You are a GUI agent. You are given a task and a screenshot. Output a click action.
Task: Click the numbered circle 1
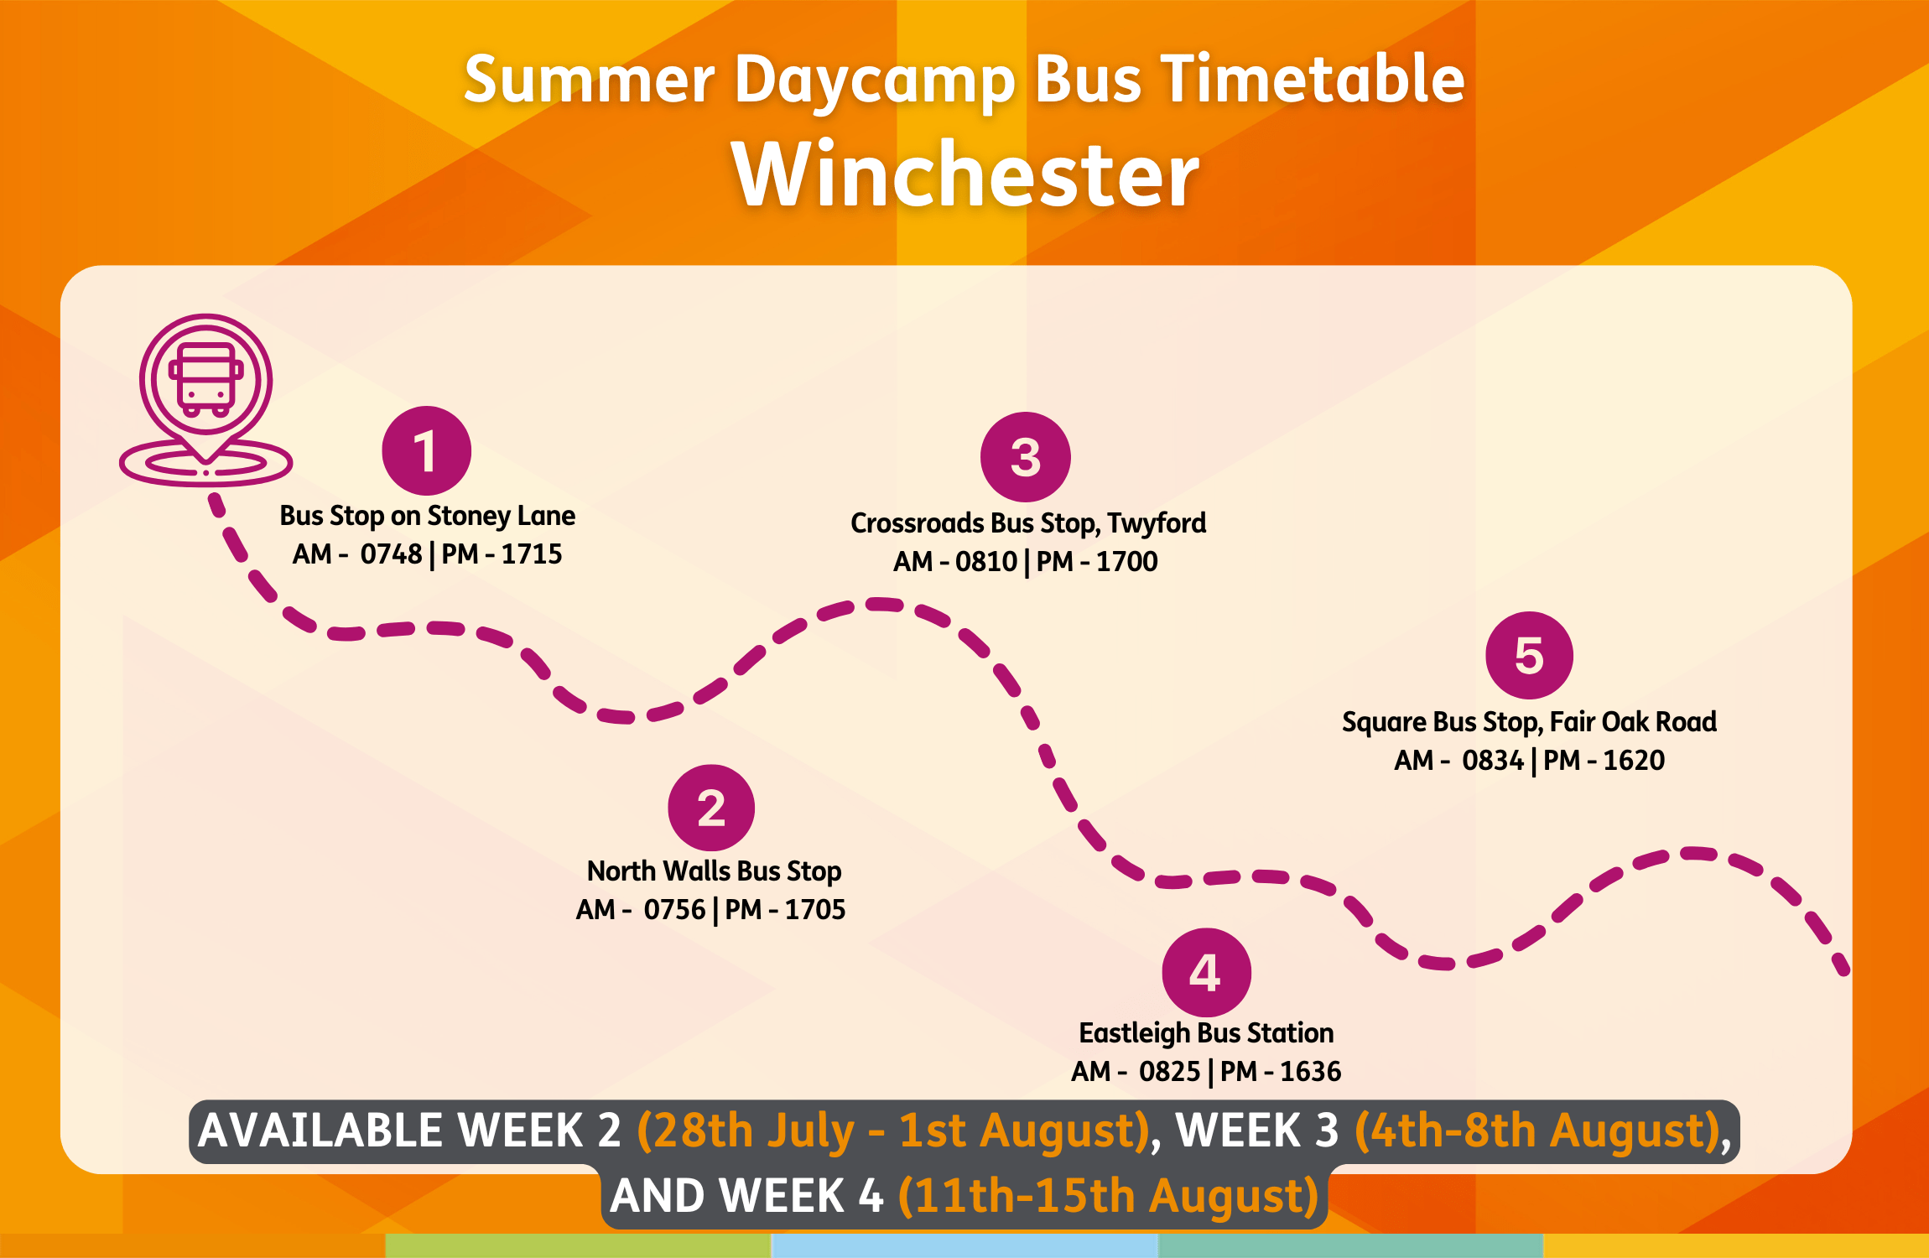426,451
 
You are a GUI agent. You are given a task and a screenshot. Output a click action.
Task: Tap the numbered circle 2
711,808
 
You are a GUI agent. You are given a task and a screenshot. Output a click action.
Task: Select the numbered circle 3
1026,457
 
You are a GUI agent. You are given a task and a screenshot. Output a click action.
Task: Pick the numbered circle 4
1206,973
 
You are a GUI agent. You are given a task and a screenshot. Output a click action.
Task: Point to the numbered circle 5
1529,655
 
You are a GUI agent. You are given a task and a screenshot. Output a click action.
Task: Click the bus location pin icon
205,399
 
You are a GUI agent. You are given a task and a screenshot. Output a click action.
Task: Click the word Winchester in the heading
965,174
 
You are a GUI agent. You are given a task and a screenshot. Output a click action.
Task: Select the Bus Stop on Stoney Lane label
428,515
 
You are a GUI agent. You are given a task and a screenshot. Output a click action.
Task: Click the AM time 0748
391,554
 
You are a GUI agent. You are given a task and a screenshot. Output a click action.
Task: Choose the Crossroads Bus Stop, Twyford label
1028,522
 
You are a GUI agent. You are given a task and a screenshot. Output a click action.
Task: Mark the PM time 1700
1127,562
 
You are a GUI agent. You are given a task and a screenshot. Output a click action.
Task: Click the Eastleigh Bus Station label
1206,1033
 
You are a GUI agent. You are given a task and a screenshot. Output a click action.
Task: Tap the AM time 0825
1170,1072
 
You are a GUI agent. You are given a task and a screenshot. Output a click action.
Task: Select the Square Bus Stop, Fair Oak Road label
1529,722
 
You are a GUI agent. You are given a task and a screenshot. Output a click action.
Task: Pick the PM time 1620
1634,761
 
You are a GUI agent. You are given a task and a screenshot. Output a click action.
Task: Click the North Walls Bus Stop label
714,871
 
